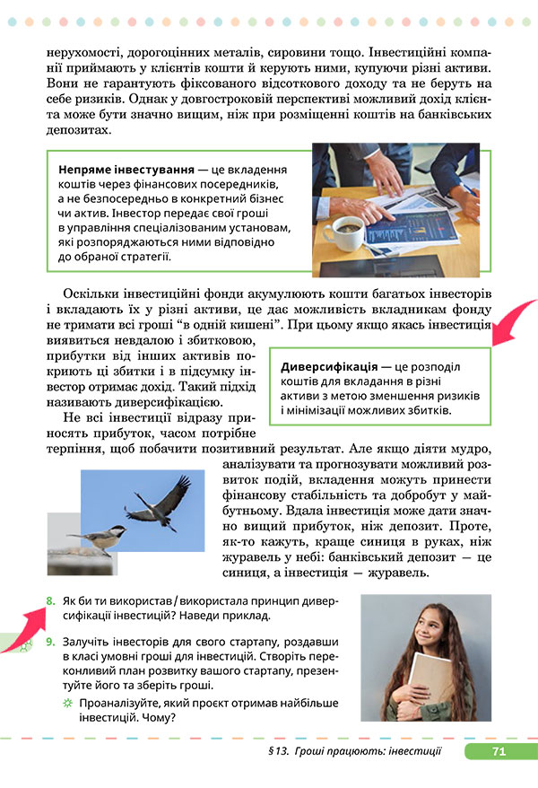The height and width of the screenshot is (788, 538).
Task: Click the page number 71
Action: coord(499,751)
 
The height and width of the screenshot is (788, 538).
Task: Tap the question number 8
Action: coord(50,600)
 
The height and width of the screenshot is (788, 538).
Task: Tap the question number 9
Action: coord(50,642)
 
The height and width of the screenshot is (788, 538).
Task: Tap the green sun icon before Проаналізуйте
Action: coord(66,703)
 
